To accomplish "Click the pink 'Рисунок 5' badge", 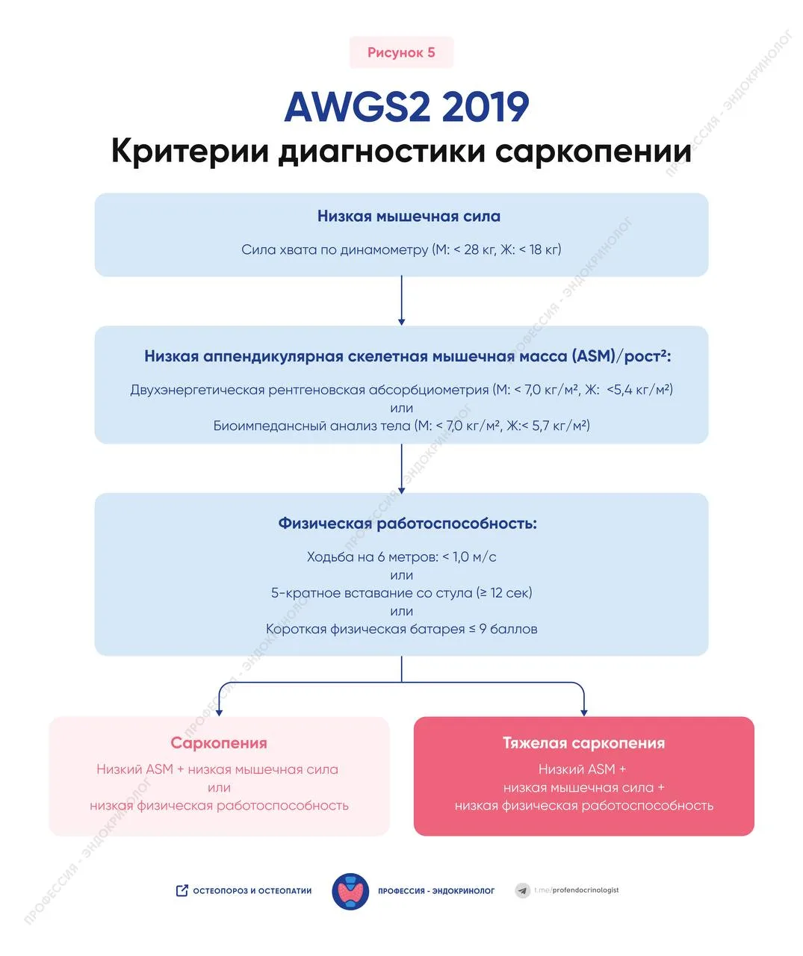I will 401,52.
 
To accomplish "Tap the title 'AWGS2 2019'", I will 406,107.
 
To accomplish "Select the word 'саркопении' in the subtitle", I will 593,152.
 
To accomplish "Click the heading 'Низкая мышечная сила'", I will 409,217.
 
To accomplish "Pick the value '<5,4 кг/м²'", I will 639,389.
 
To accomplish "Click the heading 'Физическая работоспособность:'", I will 407,524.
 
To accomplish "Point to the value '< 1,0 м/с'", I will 469,557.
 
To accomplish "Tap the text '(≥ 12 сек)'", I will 504,593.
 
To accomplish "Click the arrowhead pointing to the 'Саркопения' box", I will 219,711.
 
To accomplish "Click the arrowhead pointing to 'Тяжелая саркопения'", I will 583,711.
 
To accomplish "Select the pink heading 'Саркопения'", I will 219,743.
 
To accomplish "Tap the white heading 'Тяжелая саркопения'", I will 583,743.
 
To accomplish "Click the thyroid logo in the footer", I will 350,891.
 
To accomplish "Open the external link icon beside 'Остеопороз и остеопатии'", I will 182,890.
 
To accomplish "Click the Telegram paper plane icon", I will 523,890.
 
